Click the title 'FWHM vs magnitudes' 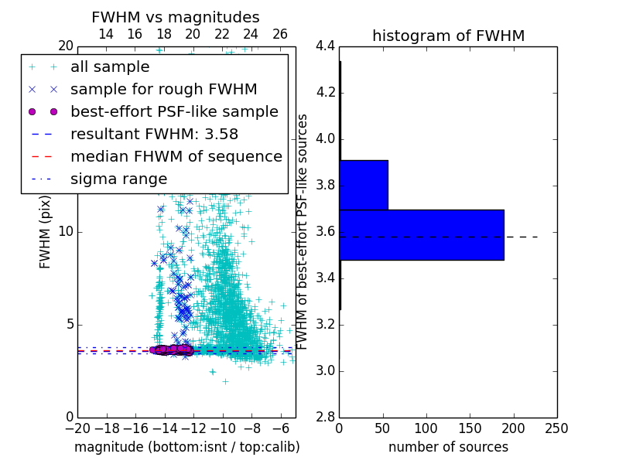[x=176, y=17]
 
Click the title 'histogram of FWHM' [x=448, y=36]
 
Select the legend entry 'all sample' [x=110, y=67]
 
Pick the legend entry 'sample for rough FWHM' [x=163, y=89]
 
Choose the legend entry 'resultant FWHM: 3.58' [x=163, y=134]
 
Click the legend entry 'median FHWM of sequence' [x=176, y=156]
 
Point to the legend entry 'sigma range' [x=118, y=179]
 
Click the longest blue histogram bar [x=421, y=234]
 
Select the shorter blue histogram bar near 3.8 [x=364, y=185]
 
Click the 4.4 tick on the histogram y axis [x=325, y=46]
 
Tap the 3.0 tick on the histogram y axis [x=325, y=371]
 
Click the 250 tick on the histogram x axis [x=556, y=428]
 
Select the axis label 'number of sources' [x=448, y=447]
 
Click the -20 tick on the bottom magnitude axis [x=77, y=428]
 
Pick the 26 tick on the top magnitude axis [x=280, y=34]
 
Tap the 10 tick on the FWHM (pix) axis [x=65, y=232]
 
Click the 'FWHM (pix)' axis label [x=46, y=232]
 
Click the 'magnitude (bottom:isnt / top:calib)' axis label [x=186, y=447]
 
